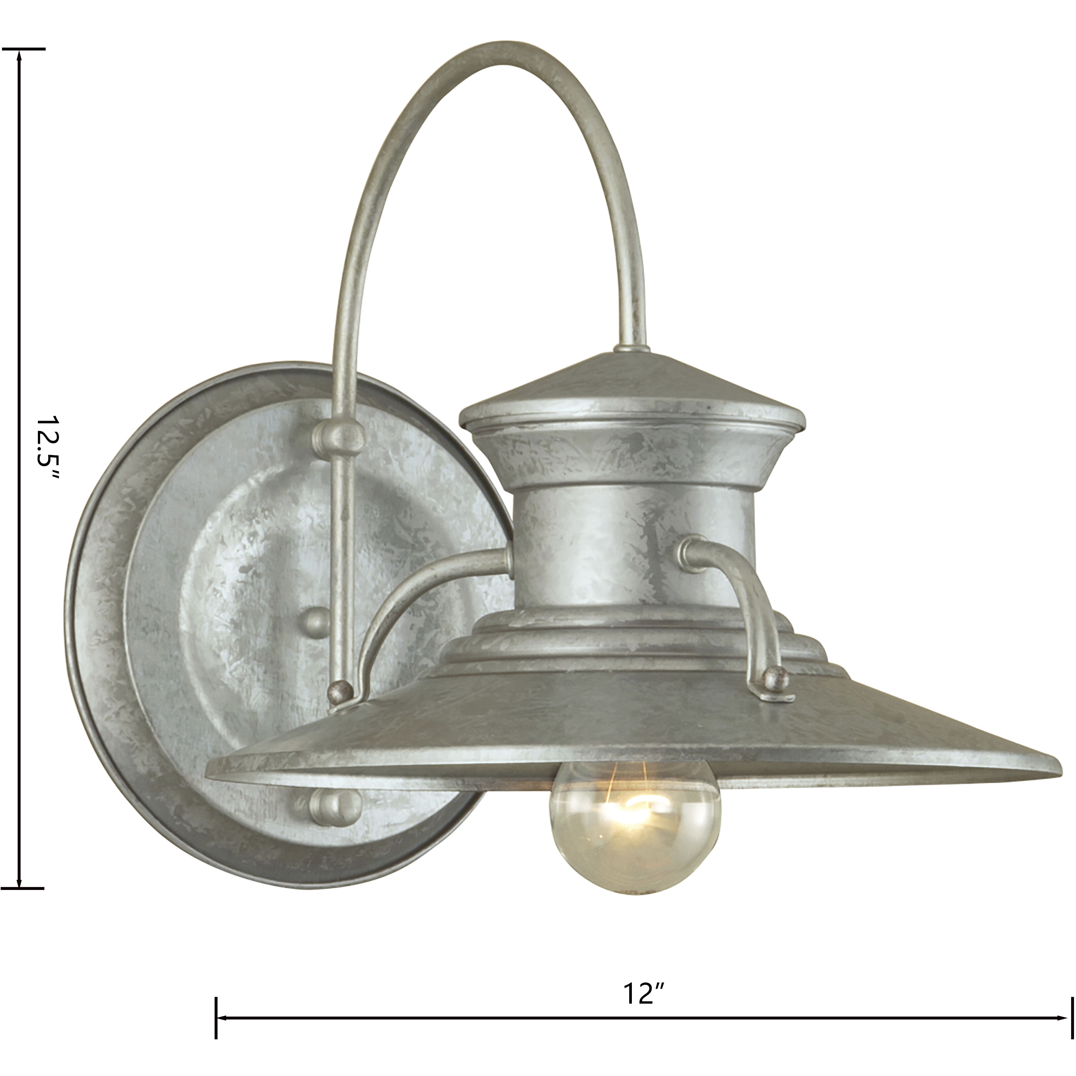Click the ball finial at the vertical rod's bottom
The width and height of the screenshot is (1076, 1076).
coord(341,691)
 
